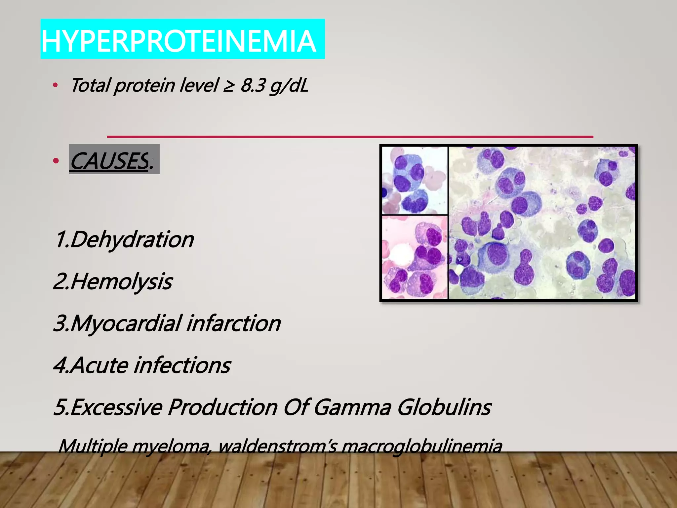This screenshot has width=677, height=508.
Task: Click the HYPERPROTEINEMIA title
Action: (x=179, y=41)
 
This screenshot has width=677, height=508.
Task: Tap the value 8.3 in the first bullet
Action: (x=253, y=85)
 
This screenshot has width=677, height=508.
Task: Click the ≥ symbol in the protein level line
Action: (x=229, y=86)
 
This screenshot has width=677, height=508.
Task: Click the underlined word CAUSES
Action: (x=109, y=161)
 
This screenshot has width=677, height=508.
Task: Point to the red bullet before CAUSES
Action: (x=56, y=161)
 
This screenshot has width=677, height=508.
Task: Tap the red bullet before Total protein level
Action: (x=56, y=86)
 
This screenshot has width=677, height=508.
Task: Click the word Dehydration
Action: (x=132, y=239)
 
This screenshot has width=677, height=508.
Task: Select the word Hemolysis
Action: (x=121, y=282)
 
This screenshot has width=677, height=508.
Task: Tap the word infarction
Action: (x=233, y=323)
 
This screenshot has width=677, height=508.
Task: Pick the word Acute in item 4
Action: (x=100, y=365)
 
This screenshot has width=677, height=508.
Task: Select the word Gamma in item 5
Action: (x=352, y=407)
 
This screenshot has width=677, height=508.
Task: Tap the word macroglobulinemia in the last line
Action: (x=422, y=446)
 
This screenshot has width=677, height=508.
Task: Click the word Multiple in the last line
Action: (x=93, y=446)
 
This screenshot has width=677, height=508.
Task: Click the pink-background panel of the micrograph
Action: (x=415, y=257)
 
